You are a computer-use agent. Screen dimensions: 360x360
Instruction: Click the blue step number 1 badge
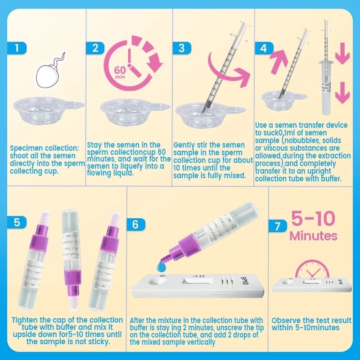pos(17,48)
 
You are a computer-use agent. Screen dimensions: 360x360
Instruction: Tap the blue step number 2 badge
pos(95,48)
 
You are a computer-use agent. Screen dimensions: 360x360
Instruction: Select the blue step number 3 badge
pos(181,48)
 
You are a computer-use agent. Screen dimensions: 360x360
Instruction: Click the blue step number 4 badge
pos(264,48)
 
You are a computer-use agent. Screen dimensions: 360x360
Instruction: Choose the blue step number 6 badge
pos(136,225)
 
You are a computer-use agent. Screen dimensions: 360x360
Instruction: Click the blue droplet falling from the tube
pos(162,269)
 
